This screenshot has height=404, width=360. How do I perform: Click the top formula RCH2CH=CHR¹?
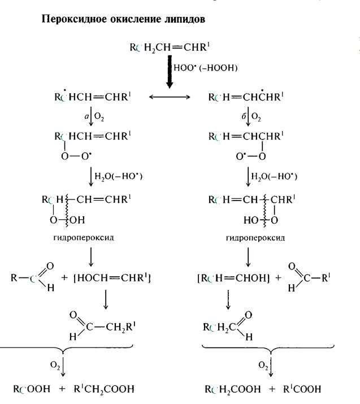click(x=171, y=47)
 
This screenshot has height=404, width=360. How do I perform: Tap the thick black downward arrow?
click(x=168, y=71)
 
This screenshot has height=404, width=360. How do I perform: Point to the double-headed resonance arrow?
click(x=169, y=98)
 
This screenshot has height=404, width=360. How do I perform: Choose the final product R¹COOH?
click(x=304, y=389)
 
